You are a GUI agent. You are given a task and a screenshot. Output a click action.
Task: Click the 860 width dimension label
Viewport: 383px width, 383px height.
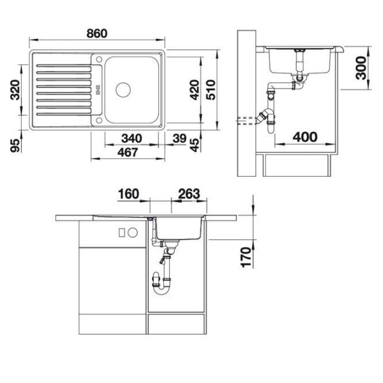[x=97, y=33]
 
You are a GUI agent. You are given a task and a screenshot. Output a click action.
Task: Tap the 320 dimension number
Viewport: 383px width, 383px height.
[x=15, y=90]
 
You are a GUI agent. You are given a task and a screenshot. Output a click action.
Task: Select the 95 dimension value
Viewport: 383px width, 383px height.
[x=15, y=146]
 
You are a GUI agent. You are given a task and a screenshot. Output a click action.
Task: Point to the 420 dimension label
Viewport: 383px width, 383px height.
[x=195, y=90]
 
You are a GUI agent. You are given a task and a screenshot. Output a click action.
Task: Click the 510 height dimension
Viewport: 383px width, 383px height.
[x=211, y=90]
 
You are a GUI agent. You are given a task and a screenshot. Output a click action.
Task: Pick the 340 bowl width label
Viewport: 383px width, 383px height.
[x=131, y=139]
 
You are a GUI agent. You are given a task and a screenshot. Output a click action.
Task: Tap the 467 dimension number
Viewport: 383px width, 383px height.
[x=128, y=153]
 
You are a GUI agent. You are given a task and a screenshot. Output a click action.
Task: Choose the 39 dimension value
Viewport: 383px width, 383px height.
[x=179, y=139]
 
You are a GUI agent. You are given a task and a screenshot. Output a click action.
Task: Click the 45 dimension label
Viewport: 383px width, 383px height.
[x=195, y=145]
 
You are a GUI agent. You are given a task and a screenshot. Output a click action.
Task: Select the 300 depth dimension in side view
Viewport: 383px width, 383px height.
[x=361, y=68]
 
